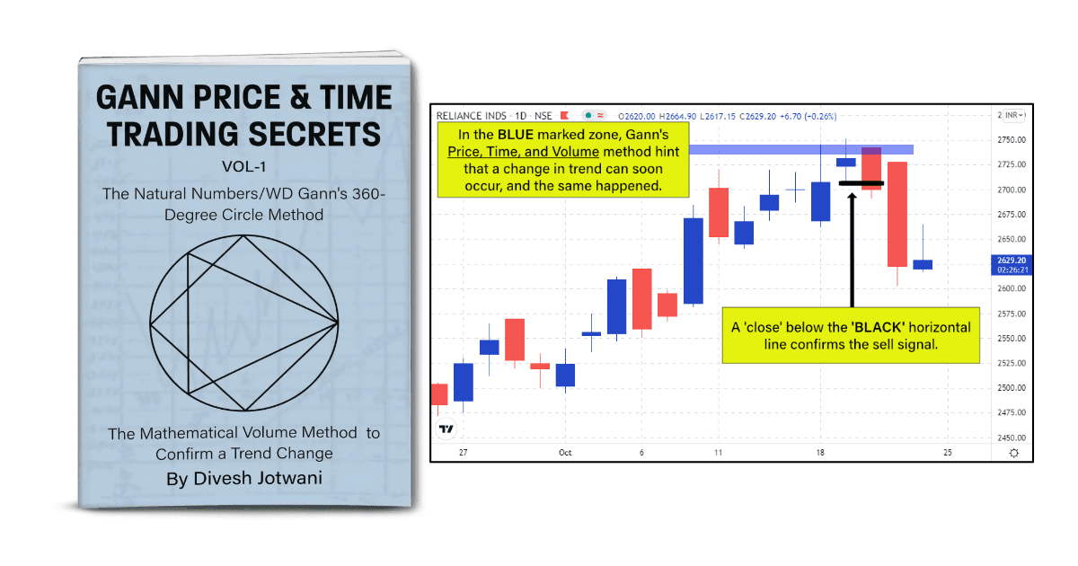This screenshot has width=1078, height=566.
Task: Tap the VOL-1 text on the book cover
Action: click(x=244, y=166)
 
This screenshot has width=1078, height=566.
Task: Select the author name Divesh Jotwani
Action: click(x=244, y=478)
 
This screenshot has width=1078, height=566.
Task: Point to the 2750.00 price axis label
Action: click(x=1012, y=140)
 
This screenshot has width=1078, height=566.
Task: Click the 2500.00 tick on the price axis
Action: click(x=1012, y=388)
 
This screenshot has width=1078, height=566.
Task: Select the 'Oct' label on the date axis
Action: click(x=565, y=453)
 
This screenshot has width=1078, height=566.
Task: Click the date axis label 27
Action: click(x=462, y=453)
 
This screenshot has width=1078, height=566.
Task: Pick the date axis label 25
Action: click(x=948, y=453)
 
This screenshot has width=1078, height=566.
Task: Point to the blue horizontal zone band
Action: click(x=791, y=149)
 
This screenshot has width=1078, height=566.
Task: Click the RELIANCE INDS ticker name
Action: click(x=469, y=116)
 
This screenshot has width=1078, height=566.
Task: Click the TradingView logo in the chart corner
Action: click(x=446, y=429)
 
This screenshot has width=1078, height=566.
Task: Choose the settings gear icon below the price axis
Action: click(x=1014, y=453)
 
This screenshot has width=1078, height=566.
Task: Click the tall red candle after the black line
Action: click(x=897, y=214)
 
